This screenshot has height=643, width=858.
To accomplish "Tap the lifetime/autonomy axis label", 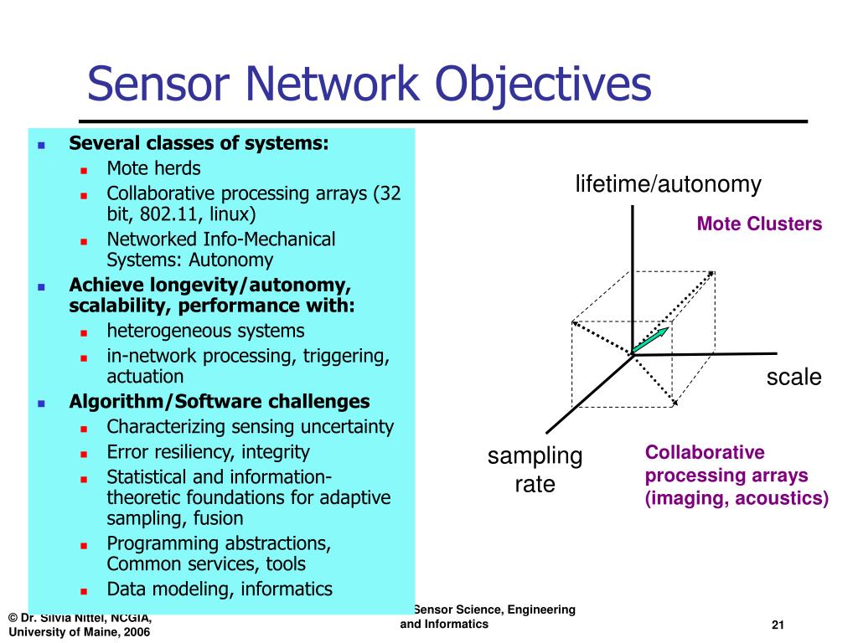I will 668,184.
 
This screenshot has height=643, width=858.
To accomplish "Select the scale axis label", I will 793,378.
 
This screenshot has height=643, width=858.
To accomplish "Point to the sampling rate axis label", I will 535,470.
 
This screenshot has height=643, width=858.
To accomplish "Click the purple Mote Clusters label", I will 759,224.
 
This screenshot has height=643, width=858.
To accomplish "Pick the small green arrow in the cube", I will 650,341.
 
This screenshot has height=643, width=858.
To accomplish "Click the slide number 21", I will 777,626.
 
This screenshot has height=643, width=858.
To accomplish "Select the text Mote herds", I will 153,167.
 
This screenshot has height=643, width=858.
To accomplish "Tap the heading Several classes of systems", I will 199,143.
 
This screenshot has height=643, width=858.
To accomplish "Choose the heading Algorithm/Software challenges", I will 219,401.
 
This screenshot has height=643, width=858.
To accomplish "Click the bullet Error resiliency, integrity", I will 208,452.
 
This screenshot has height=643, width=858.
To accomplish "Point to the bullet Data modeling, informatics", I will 219,589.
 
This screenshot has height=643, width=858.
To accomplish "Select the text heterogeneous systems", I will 205,331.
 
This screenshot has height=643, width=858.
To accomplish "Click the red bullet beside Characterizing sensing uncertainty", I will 85,428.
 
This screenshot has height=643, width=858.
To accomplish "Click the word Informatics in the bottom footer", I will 457,625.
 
